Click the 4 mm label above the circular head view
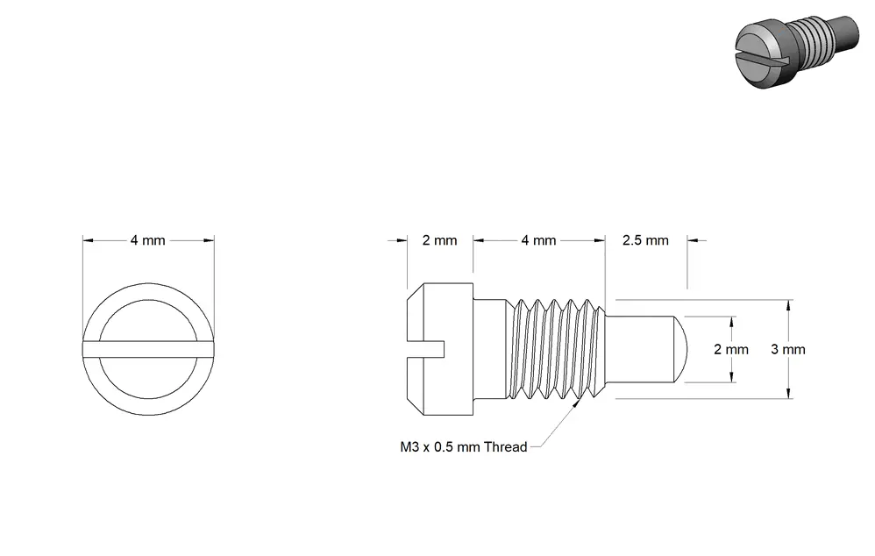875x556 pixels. coord(148,240)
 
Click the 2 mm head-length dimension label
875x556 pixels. coord(440,240)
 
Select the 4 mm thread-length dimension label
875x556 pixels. coord(539,240)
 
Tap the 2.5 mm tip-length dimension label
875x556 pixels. coord(645,240)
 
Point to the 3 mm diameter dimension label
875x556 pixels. coord(788,349)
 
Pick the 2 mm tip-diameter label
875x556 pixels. coord(731,349)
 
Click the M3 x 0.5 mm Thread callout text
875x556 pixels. coord(464,446)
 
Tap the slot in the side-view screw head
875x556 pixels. coord(426,348)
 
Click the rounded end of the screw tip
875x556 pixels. coord(681,349)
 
